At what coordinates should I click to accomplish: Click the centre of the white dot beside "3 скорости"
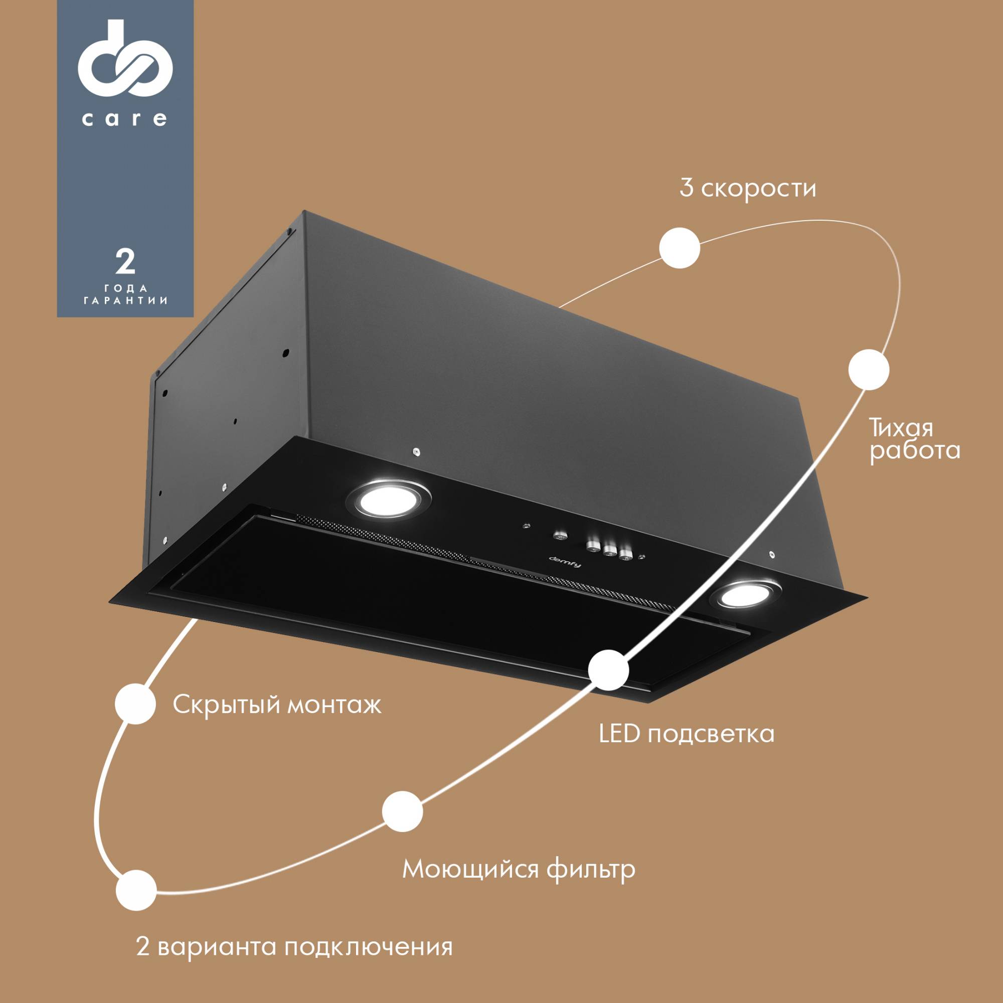click(679, 248)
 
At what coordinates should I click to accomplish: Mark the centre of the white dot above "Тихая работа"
click(869, 370)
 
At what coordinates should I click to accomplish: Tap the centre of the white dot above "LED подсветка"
click(609, 670)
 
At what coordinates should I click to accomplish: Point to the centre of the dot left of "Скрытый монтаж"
click(135, 704)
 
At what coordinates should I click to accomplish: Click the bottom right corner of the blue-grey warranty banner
click(194, 316)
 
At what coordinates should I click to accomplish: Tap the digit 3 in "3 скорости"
click(687, 188)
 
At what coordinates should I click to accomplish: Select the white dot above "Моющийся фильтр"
click(402, 811)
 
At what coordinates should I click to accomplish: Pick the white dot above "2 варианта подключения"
click(136, 891)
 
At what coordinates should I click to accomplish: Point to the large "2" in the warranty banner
click(125, 262)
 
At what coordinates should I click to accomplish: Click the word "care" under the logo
click(124, 119)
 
